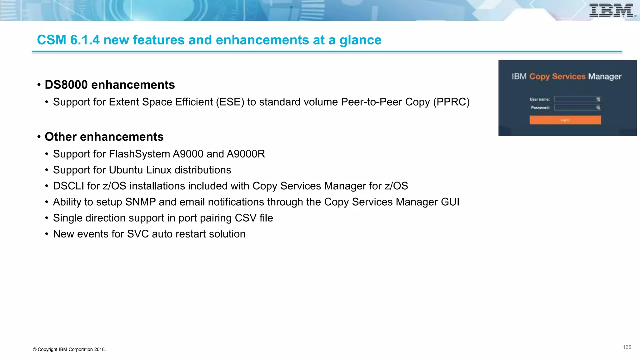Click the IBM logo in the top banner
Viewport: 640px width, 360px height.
tap(612, 10)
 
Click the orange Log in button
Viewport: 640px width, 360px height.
tap(565, 120)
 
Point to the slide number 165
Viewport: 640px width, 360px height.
tap(627, 347)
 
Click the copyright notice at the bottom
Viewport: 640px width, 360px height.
tap(69, 349)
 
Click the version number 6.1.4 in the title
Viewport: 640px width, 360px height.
tap(85, 40)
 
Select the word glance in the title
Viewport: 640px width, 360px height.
tap(360, 40)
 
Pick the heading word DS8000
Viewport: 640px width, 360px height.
tap(66, 85)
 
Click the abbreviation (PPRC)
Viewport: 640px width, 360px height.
tap(451, 102)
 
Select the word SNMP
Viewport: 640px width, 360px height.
tap(140, 202)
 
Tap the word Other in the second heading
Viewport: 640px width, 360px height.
tap(61, 137)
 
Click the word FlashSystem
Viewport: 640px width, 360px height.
tap(139, 154)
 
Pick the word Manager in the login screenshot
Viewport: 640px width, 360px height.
tap(605, 77)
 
